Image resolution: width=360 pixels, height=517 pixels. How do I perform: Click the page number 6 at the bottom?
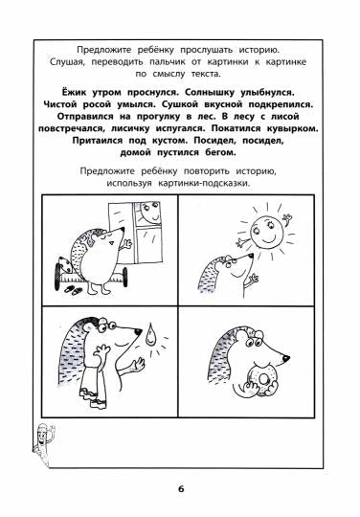pos(180,491)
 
